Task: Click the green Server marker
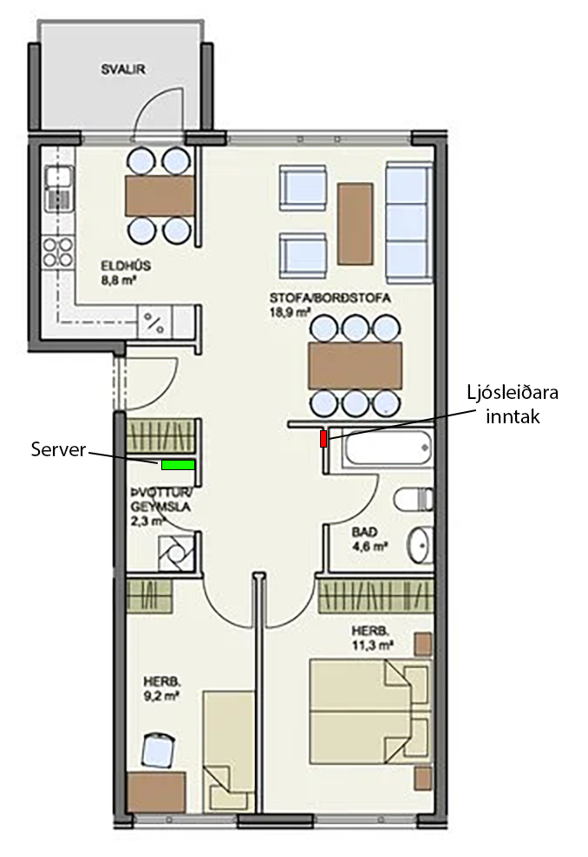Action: [x=178, y=465]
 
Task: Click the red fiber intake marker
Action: [x=323, y=439]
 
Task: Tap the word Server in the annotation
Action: [x=57, y=449]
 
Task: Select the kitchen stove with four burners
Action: [x=57, y=252]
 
